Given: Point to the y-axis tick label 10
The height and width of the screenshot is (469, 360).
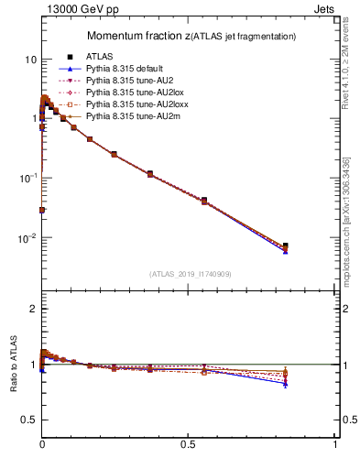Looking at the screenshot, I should coord(30,60).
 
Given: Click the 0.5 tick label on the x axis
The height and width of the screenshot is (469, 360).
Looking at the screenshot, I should coord(189,443).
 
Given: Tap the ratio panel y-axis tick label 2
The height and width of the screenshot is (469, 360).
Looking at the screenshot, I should coord(34,310).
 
